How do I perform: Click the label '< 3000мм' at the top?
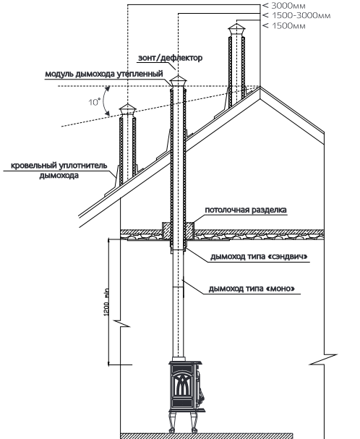pos(284,6)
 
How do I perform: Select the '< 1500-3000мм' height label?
pos(296,15)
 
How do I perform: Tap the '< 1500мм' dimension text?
pos(284,26)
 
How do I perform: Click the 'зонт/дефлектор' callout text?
pos(170,58)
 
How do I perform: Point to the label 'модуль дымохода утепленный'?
pos(104,74)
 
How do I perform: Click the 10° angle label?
pos(95,102)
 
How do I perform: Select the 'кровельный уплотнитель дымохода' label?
pos(59,171)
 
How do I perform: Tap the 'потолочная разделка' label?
pos(246,210)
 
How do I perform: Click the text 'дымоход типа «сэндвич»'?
pos(259,257)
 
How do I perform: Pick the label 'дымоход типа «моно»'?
pos(252,289)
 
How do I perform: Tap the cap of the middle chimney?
pos(178,82)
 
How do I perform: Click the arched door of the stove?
pos(181,387)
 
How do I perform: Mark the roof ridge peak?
pos(260,87)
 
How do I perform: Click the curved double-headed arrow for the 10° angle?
pos(104,101)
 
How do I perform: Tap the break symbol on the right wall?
pos(324,359)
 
